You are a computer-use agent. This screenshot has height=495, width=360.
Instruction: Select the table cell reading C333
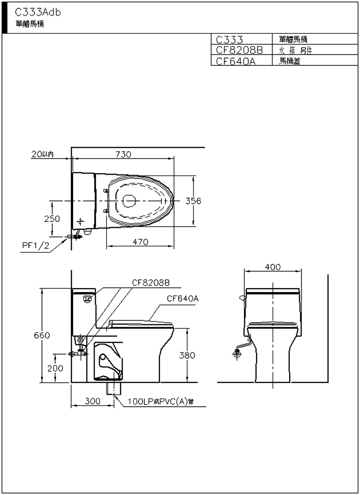coord(229,40)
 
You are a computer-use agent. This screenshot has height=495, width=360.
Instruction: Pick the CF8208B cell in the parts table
coord(239,50)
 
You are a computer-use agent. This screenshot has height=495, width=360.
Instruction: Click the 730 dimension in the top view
coord(123,154)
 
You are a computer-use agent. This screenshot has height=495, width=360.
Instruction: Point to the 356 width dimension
coord(193,201)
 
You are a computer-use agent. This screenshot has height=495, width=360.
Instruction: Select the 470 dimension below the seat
coord(140,242)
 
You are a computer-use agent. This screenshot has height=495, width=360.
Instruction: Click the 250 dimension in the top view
coord(52,219)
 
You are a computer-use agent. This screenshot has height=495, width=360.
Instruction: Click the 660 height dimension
coord(42,336)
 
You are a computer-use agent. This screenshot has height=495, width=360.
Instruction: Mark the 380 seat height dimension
coord(187,355)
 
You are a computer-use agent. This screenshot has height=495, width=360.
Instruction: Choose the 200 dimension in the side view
coord(55,368)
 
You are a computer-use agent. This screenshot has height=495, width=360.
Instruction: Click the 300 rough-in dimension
coord(92,401)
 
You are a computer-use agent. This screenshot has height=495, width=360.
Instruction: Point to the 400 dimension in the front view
coord(273,267)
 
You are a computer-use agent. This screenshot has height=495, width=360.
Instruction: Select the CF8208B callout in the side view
coord(151,282)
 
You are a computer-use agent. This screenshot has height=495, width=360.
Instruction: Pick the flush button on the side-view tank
coord(88,299)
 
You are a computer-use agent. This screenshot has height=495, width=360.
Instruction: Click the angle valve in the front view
coord(237,353)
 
